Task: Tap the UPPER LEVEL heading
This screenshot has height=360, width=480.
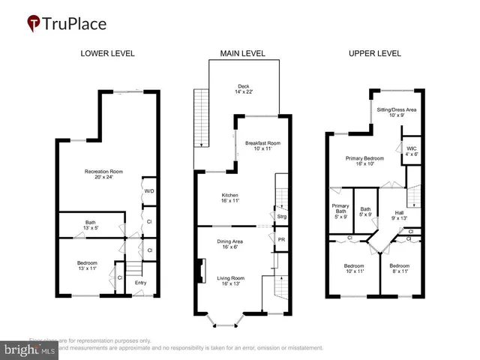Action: (374, 53)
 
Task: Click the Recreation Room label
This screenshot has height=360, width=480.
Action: (103, 175)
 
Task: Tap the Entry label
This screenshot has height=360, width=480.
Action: (141, 283)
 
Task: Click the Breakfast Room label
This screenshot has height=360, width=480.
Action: (262, 146)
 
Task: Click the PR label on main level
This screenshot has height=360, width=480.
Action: (281, 240)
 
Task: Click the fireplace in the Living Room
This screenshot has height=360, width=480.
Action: (199, 271)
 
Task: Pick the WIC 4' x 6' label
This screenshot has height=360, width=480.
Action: (412, 151)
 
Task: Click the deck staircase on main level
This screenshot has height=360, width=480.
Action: (199, 118)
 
